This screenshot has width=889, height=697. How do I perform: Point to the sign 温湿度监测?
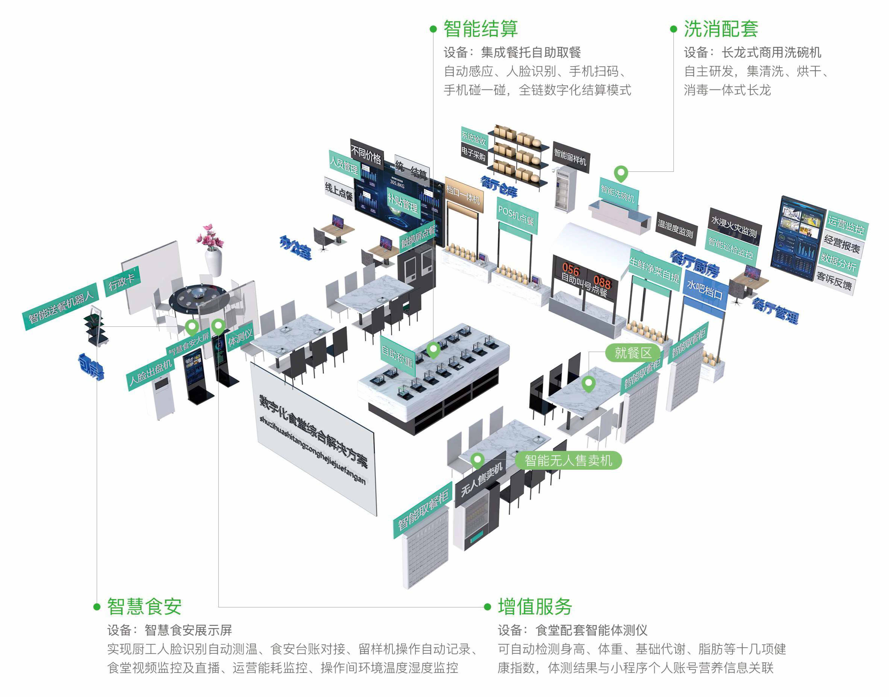pos(676,228)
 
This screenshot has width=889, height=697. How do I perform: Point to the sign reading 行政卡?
pos(121,282)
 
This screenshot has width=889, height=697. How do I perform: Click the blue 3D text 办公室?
pos(295,248)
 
